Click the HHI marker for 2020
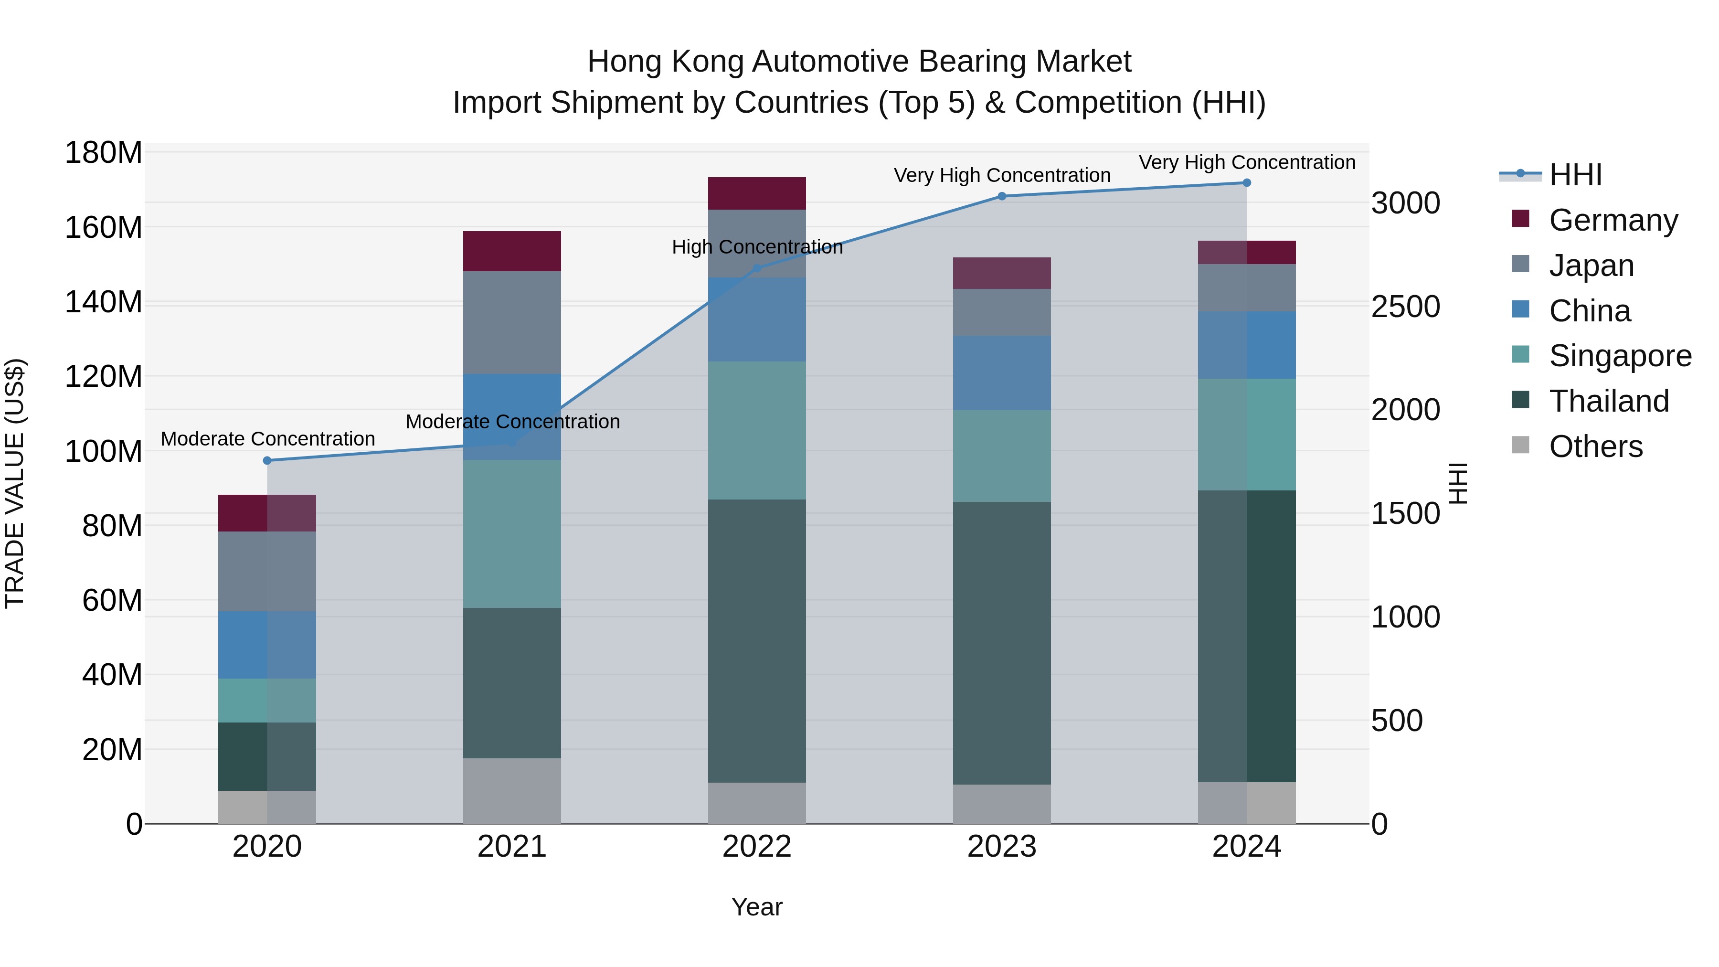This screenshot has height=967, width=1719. coord(267,460)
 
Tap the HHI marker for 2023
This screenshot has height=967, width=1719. coord(1002,196)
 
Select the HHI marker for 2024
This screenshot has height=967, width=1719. coord(1247,183)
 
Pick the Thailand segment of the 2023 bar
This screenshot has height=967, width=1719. coord(1002,643)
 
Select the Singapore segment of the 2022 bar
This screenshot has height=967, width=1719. coord(757,430)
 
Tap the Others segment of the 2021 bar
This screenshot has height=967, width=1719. coord(512,791)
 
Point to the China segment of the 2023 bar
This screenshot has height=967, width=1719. coord(1002,373)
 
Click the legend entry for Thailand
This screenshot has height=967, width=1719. coord(1608,401)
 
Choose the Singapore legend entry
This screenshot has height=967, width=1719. coord(1620,356)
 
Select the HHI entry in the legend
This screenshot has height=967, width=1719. coord(1575,175)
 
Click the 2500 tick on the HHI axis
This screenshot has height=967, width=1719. coord(1405,307)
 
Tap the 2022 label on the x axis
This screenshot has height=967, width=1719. coord(757,847)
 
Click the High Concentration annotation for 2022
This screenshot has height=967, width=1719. coord(757,247)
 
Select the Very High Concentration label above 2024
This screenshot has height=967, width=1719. coord(1247,163)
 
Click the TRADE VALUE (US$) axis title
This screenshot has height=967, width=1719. coord(15,483)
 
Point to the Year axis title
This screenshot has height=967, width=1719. coord(757,907)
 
